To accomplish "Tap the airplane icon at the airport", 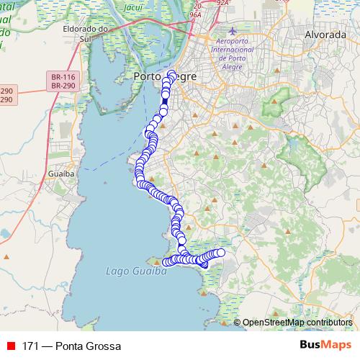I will coord(232,31).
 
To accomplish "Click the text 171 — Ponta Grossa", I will coord(71,346).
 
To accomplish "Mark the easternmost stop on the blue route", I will coord(220,252).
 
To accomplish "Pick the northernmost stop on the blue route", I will coord(171,73).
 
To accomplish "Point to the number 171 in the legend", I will coord(30,346).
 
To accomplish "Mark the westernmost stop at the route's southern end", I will coord(166,261).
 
